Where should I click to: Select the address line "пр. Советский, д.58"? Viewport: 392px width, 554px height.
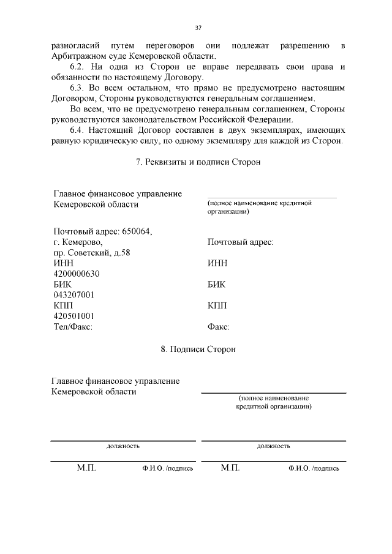click(92, 253)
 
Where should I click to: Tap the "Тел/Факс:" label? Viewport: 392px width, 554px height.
click(73, 327)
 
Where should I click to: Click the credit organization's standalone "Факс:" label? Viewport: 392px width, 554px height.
click(219, 327)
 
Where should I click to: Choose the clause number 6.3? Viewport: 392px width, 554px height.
click(80, 88)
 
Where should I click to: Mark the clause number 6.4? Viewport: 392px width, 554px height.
click(80, 130)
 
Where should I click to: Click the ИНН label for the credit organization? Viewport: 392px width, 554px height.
click(217, 263)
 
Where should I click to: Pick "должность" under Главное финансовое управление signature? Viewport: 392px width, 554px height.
click(123, 446)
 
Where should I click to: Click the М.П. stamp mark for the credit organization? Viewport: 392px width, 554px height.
click(230, 468)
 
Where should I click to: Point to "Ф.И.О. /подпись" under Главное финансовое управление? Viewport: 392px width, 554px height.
click(167, 468)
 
